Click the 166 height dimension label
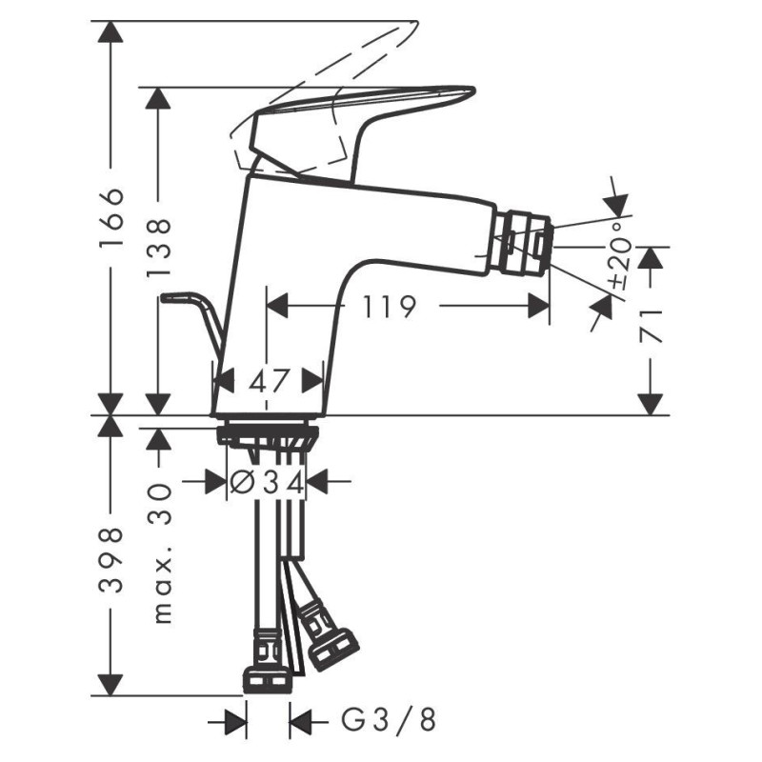pos(111,217)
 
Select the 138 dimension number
pos(159,248)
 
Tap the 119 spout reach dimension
pos(390,306)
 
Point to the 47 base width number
pos(270,380)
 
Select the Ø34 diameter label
pos(267,483)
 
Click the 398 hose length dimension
pos(111,560)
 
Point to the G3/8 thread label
pos(388,720)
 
